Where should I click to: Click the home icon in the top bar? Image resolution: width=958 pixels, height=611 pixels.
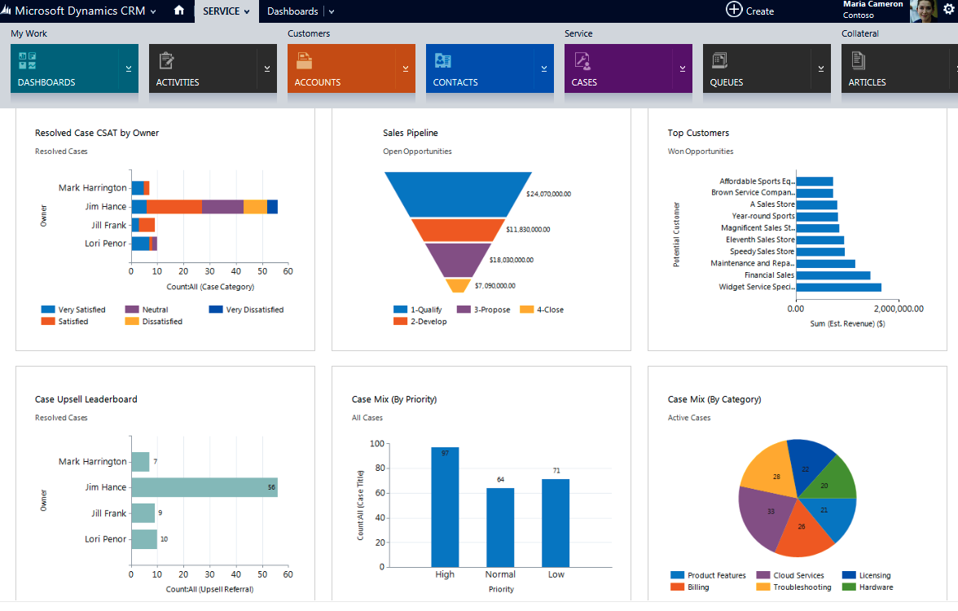pos(179,11)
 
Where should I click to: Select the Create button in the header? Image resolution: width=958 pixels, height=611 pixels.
pos(749,11)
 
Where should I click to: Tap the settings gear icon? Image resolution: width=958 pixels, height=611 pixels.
pos(948,9)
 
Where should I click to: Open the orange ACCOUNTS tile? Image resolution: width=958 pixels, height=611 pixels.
pos(342,68)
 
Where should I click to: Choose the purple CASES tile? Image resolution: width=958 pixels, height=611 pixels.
pos(619,68)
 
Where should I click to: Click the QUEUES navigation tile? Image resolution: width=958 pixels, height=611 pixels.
pos(758,68)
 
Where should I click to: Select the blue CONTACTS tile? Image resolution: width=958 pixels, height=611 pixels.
pos(481,68)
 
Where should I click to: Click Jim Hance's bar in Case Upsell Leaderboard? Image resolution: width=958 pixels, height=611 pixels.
pos(204,487)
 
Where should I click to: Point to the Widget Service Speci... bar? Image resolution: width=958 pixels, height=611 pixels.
pos(838,287)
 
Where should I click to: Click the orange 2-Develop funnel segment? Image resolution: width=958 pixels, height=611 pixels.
pos(458,230)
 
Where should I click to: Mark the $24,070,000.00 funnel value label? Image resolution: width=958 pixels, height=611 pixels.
pos(548,194)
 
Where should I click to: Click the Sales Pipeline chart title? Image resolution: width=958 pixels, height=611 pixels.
pos(411,133)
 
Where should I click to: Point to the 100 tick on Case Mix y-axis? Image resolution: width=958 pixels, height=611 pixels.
pos(376,444)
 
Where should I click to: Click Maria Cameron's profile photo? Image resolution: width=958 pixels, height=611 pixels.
pos(924,11)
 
